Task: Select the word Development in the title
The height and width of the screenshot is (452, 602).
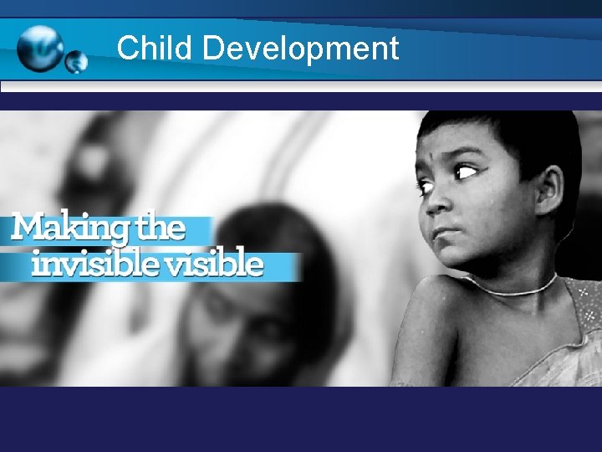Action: click(x=301, y=49)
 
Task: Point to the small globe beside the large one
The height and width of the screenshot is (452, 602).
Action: click(x=76, y=61)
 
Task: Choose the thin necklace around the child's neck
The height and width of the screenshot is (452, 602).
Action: click(x=514, y=289)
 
